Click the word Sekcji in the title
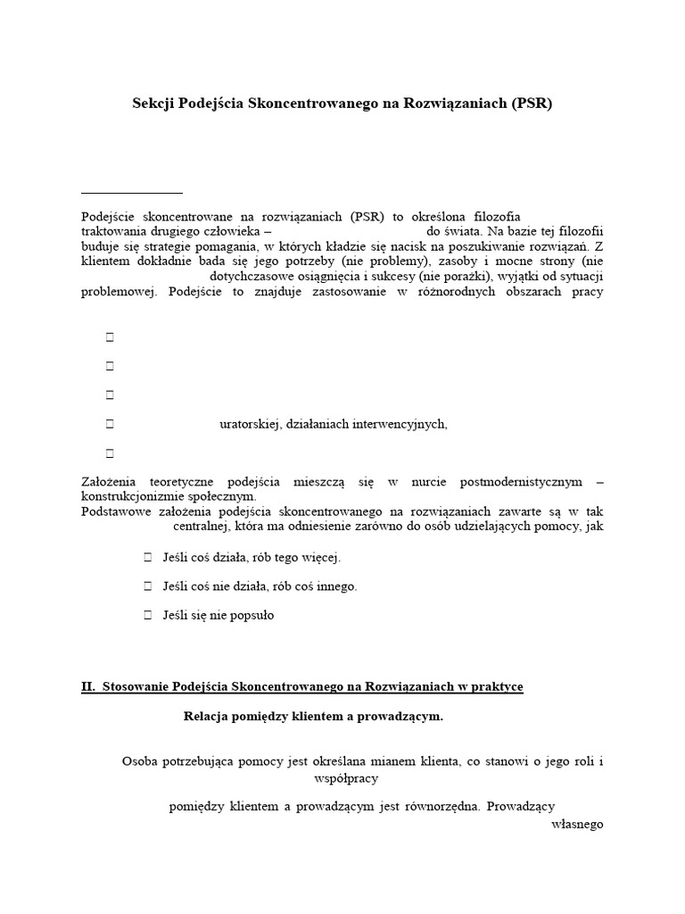(154, 103)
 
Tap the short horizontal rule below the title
(131, 193)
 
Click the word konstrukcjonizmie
(133, 496)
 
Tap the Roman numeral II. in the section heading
(87, 686)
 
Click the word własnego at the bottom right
(578, 824)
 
